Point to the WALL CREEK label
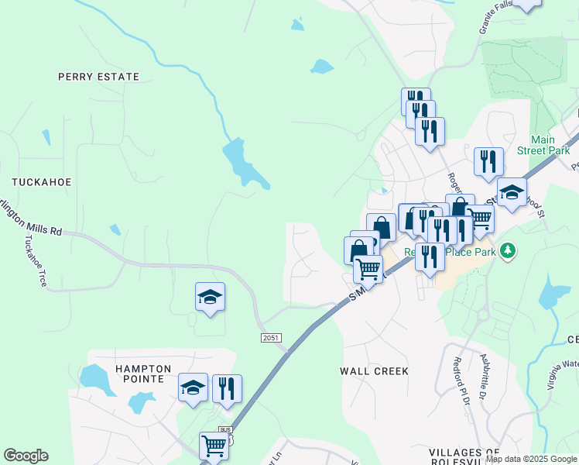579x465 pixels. (x=374, y=371)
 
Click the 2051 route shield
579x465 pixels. (x=270, y=338)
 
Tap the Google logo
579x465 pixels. (x=26, y=456)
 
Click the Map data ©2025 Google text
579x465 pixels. (x=531, y=459)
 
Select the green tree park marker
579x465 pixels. (x=508, y=250)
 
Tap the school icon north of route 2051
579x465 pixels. (x=210, y=297)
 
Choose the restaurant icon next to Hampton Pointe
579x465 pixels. (x=227, y=387)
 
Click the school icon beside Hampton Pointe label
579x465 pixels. (x=193, y=387)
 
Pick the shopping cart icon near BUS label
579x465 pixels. (x=214, y=446)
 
